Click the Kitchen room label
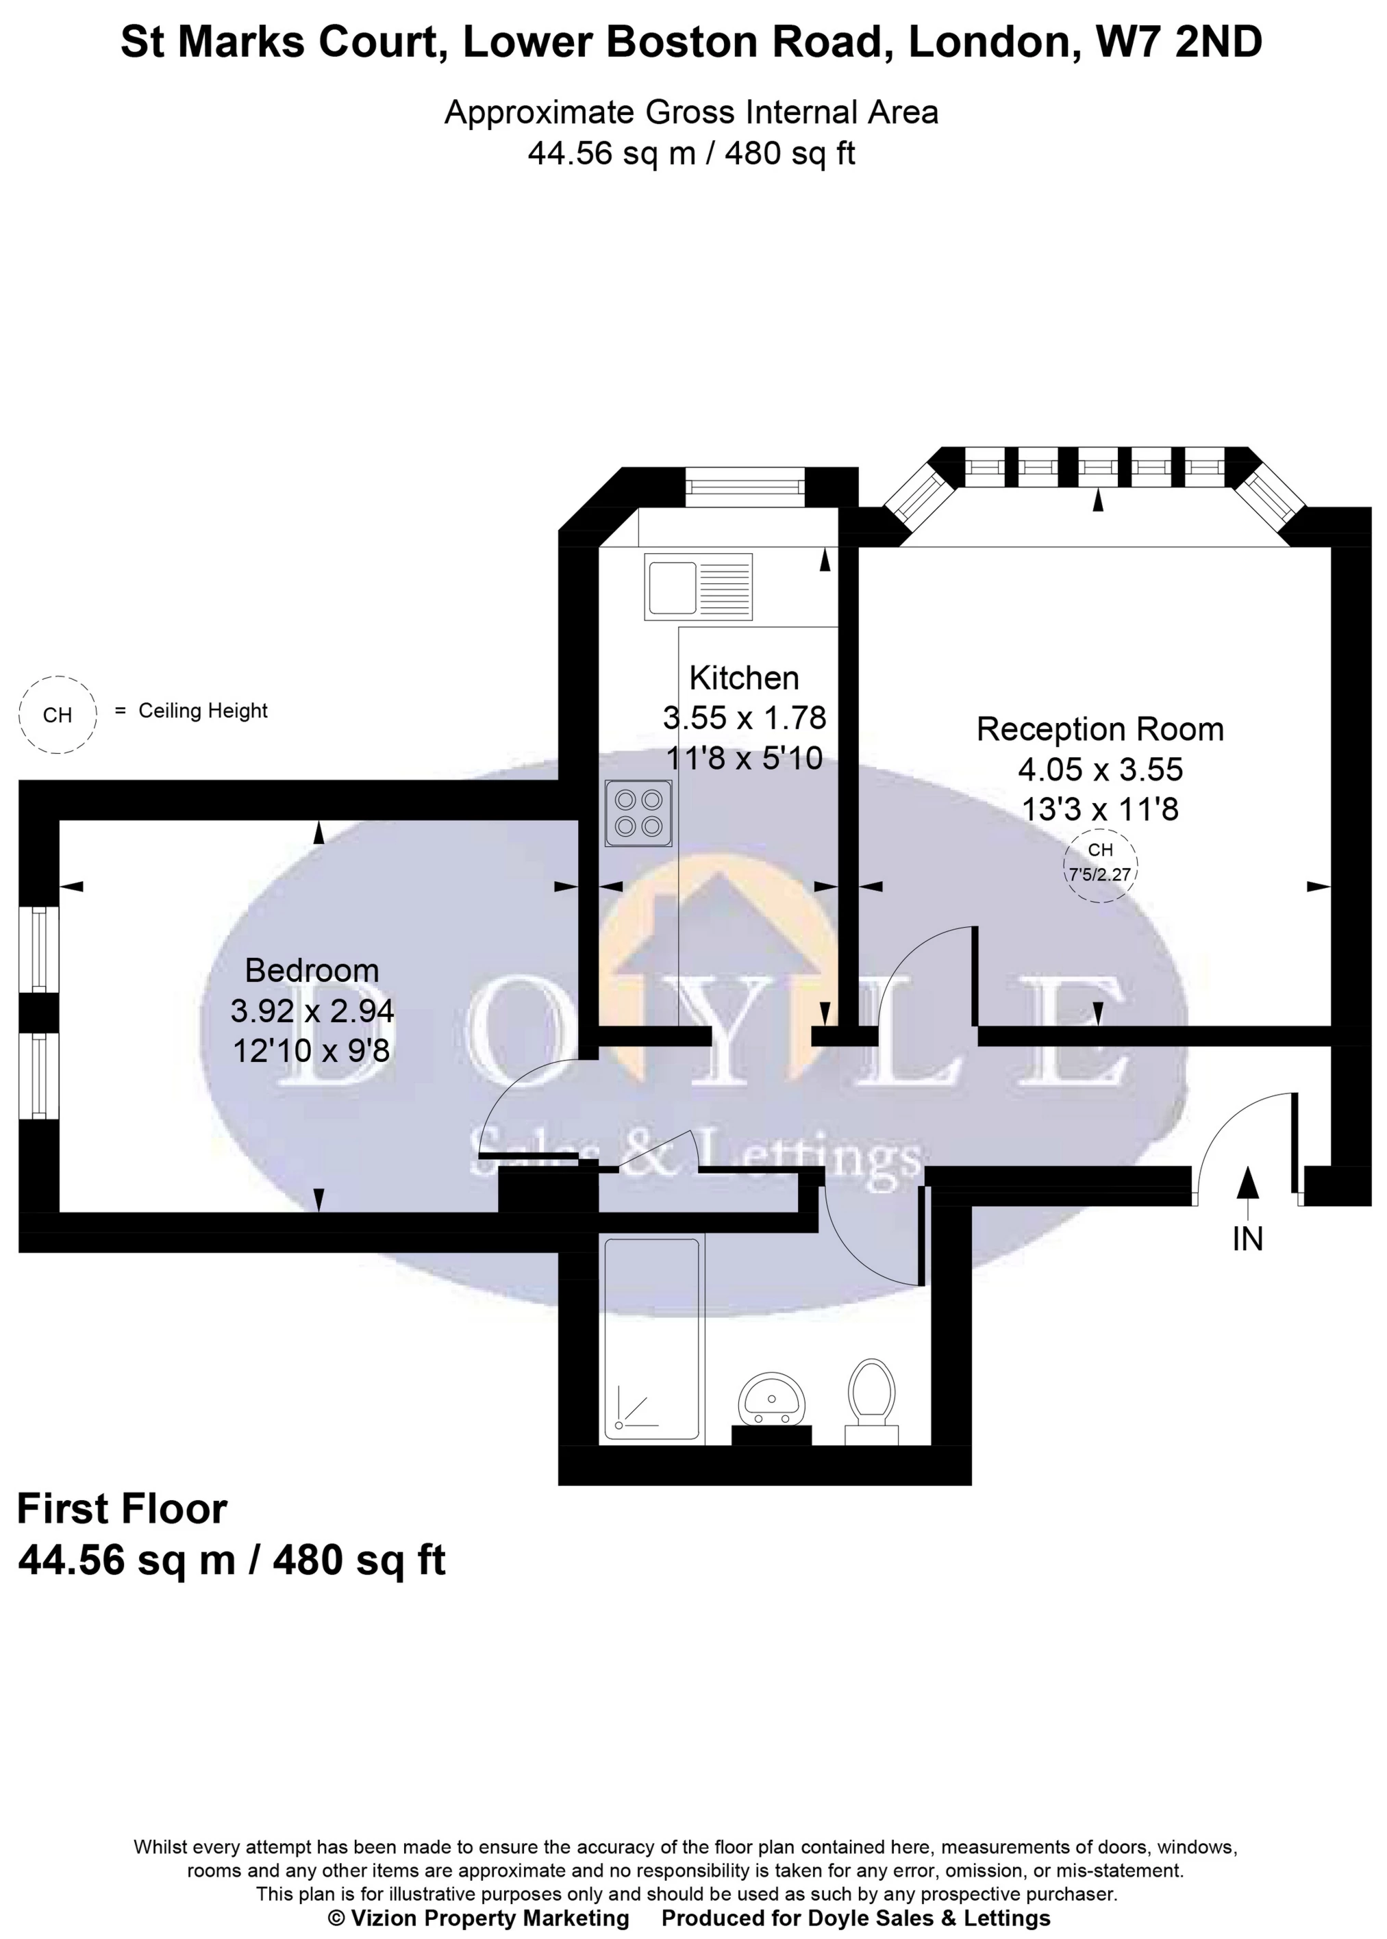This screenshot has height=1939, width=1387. [x=744, y=678]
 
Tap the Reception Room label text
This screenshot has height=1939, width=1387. [x=1099, y=729]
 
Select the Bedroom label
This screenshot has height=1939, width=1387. [x=312, y=970]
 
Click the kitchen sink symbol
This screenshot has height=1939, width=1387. [x=699, y=587]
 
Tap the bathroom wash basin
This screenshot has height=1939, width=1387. [x=772, y=1400]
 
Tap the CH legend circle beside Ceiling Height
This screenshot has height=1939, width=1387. [x=58, y=714]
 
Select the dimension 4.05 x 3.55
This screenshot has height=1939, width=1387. [x=1100, y=770]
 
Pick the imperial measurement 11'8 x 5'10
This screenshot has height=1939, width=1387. [x=744, y=757]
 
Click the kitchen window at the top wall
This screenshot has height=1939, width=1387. [x=746, y=487]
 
